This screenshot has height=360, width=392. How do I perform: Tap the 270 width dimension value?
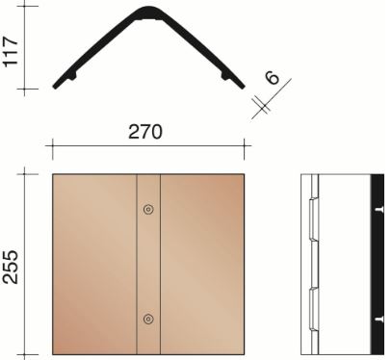point(147,131)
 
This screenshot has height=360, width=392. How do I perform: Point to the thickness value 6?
point(273,77)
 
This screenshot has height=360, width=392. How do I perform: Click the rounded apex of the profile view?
point(146,12)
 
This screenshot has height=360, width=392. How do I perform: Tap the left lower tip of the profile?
point(59,85)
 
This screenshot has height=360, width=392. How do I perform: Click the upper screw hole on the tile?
point(147,209)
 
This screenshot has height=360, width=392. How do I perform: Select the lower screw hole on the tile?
point(147,319)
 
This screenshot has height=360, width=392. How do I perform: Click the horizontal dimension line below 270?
point(147,146)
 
